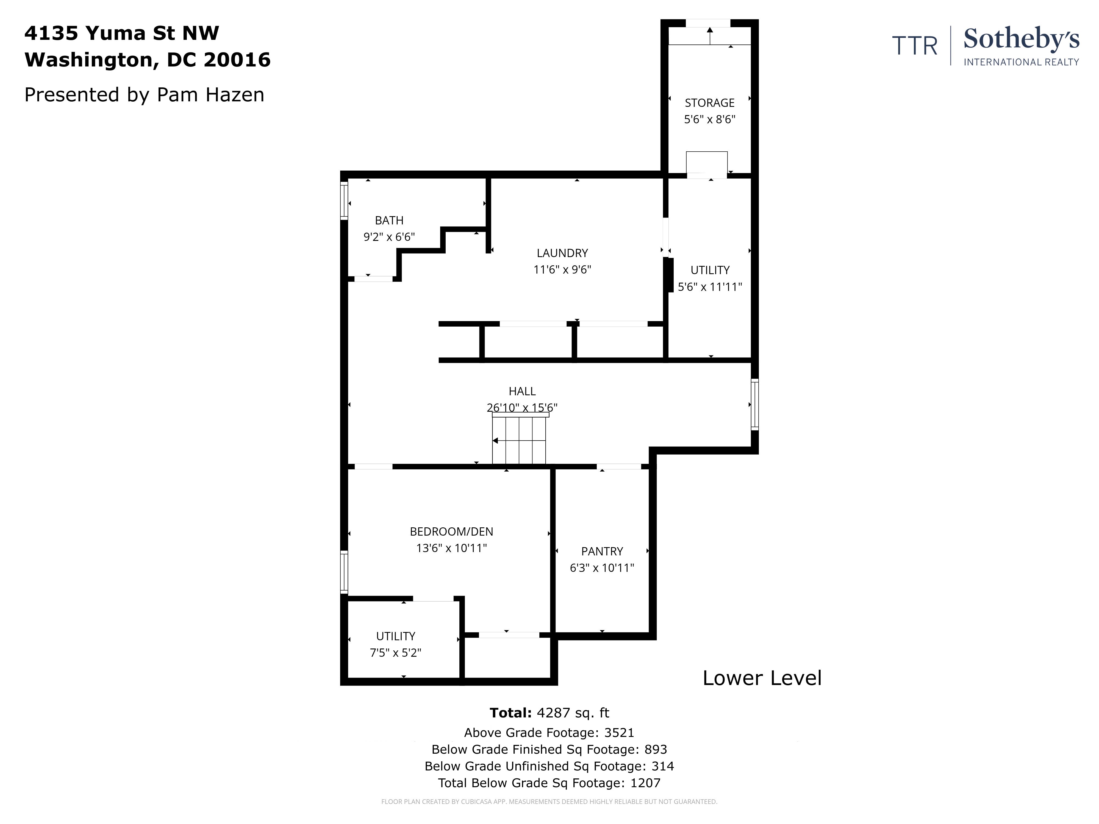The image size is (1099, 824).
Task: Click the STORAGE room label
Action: pyautogui.click(x=709, y=103)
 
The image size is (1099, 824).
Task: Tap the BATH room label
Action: pyautogui.click(x=389, y=220)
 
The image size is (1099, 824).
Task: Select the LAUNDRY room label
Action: pyautogui.click(x=562, y=253)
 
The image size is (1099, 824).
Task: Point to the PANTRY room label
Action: pyautogui.click(x=602, y=551)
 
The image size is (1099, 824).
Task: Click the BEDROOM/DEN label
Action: pyautogui.click(x=451, y=531)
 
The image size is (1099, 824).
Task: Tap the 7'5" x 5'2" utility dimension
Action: pyautogui.click(x=395, y=653)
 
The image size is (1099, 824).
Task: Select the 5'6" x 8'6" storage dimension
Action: pyautogui.click(x=709, y=119)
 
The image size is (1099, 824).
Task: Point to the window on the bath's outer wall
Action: pyautogui.click(x=344, y=201)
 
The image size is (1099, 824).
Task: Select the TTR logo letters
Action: pyautogui.click(x=915, y=46)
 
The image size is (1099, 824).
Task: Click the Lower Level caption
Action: pyautogui.click(x=762, y=678)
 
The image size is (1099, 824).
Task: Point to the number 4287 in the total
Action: pyautogui.click(x=553, y=713)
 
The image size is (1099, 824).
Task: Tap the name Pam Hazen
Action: pyautogui.click(x=211, y=94)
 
